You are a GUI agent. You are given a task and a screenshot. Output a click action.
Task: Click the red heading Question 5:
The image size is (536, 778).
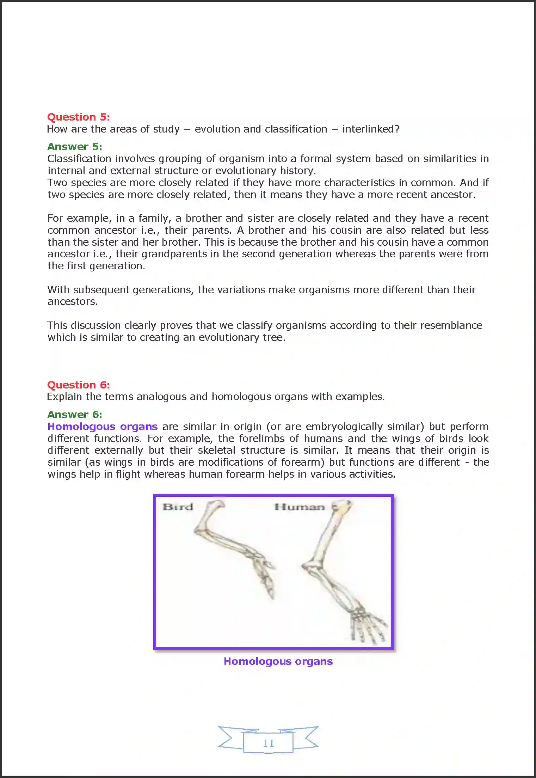(78, 117)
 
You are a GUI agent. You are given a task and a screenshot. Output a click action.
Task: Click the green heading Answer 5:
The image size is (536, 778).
(74, 147)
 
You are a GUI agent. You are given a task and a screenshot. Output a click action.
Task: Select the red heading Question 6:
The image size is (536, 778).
(78, 385)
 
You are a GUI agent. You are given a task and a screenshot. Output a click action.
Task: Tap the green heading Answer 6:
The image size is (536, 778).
(74, 415)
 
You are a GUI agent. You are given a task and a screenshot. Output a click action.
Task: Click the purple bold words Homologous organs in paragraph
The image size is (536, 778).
(102, 427)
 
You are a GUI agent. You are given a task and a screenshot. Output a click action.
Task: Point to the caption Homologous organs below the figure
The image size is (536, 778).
(278, 661)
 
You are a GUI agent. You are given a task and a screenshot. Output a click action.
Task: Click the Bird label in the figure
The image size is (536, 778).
(178, 507)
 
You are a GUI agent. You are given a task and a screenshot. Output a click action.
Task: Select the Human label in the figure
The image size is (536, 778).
(299, 507)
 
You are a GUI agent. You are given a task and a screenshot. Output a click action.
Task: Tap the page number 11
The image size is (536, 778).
(268, 743)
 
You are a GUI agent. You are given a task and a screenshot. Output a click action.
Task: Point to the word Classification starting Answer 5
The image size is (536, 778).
(79, 159)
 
